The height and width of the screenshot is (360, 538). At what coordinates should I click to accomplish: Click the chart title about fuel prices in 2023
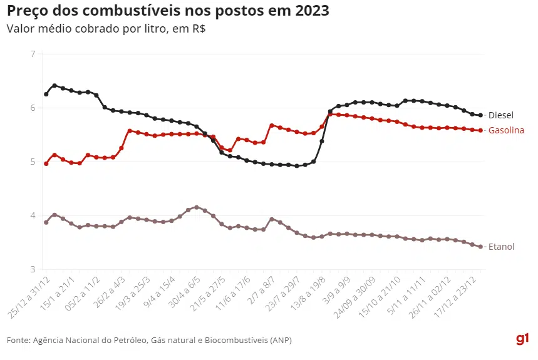pyautogui.click(x=168, y=11)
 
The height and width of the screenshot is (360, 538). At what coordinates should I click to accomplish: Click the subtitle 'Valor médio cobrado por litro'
pyautogui.click(x=106, y=29)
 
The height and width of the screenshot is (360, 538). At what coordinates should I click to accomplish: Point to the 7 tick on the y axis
pyautogui.click(x=31, y=54)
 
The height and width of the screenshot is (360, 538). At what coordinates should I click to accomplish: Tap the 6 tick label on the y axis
pyautogui.click(x=31, y=108)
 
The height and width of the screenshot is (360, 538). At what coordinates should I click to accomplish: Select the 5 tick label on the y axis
pyautogui.click(x=31, y=162)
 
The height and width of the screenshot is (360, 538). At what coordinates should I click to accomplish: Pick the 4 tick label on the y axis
pyautogui.click(x=31, y=216)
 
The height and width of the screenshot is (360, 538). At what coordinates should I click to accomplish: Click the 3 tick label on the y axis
pyautogui.click(x=31, y=270)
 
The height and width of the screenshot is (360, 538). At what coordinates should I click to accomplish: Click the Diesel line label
pyautogui.click(x=500, y=115)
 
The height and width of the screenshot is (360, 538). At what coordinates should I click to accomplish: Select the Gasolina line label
pyautogui.click(x=505, y=130)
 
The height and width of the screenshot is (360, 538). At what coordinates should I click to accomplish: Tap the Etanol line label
pyautogui.click(x=501, y=247)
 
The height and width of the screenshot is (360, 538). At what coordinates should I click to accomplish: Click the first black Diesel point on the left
pyautogui.click(x=46, y=94)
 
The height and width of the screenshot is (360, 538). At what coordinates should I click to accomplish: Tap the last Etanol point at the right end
pyautogui.click(x=480, y=247)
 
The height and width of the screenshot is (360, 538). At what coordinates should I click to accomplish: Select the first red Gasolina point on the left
pyautogui.click(x=46, y=163)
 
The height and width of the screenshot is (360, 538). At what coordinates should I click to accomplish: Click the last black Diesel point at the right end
pyautogui.click(x=480, y=115)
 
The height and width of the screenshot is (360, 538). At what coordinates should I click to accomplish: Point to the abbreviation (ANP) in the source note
pyautogui.click(x=280, y=340)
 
